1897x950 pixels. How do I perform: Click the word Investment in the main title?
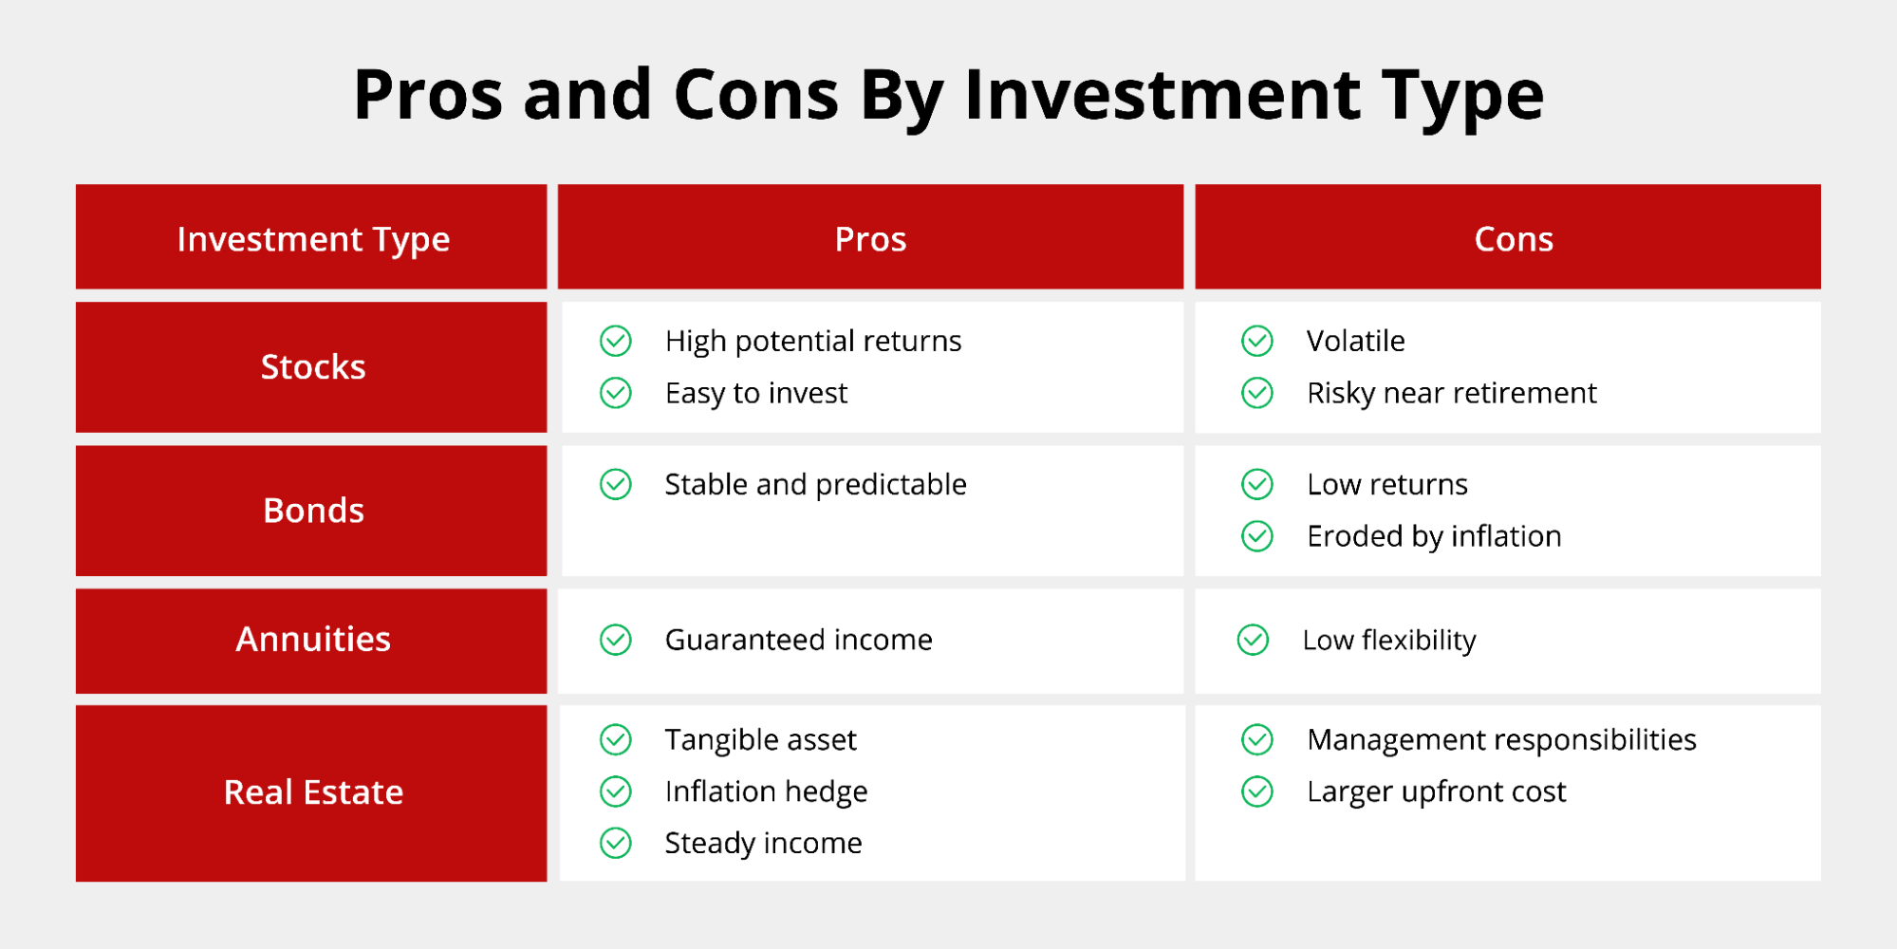1162,96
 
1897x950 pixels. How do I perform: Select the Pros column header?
870,239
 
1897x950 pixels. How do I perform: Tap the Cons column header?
1513,239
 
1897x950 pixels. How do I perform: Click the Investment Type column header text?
313,239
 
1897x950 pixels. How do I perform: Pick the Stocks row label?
313,367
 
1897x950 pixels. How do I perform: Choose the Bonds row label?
313,511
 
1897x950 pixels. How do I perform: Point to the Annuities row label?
313,640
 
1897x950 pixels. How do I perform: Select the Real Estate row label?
313,792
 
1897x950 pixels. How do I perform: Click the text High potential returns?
812,341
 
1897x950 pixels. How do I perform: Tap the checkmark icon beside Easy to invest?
616,393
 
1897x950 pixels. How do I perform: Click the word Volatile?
1355,341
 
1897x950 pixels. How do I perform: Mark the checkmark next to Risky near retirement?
1257,393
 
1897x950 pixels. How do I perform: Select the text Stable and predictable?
815,485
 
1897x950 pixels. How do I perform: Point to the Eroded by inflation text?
1433,536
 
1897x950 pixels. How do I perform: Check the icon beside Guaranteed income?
616,640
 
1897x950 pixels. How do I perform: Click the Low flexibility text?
1388,640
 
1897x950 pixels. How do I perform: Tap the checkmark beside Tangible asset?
616,739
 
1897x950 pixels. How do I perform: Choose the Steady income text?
763,843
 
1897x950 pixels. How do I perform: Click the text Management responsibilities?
1500,739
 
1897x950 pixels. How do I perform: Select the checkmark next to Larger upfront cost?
1257,792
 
